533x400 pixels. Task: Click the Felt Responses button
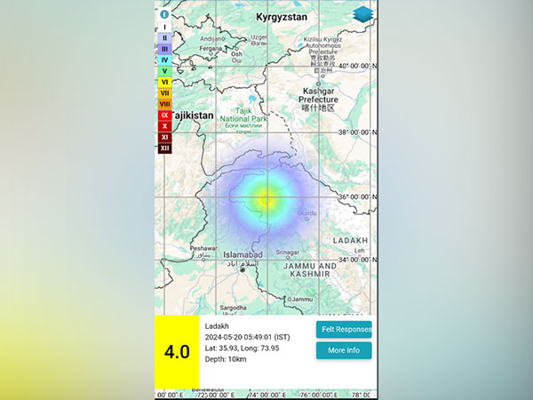point(344,329)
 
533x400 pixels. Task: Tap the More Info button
point(344,350)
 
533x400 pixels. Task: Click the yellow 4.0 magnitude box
point(177,351)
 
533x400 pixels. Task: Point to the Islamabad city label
point(243,254)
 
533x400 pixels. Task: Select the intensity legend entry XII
point(164,148)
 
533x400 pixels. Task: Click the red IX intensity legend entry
point(164,115)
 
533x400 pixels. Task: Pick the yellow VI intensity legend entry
point(164,82)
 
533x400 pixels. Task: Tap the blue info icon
point(164,14)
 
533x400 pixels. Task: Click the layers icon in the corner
point(362,15)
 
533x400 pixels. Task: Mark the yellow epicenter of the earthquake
point(266,198)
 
